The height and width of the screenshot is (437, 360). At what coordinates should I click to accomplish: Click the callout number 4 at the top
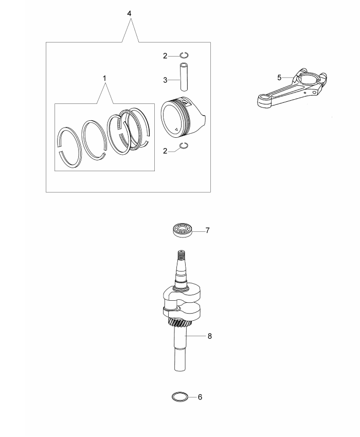(x=129, y=14)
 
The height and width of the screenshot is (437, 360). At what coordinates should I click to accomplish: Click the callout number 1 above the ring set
(x=104, y=78)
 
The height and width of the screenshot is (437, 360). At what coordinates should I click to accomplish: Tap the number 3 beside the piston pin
(x=165, y=80)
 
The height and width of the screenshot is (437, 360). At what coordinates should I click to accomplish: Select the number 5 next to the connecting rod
(x=279, y=78)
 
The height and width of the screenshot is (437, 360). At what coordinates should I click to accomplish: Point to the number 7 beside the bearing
(x=207, y=230)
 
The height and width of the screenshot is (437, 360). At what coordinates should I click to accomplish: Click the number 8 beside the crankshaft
(x=210, y=336)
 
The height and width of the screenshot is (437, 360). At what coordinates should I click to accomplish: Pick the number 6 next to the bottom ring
(x=200, y=397)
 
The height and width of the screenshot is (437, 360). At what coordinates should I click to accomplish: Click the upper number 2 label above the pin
(x=165, y=56)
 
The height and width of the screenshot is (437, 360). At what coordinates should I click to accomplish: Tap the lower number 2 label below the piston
(x=165, y=151)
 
